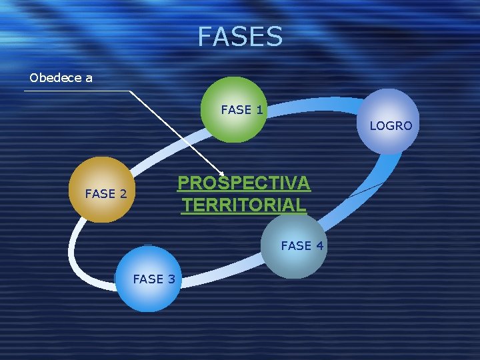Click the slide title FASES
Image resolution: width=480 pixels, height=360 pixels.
tap(240, 37)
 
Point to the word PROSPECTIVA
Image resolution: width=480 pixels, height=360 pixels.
tap(243, 183)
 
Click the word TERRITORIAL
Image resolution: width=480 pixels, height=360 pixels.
tap(244, 205)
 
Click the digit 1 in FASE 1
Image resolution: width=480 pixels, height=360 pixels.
tap(258, 110)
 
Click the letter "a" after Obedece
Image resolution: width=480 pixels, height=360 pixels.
tap(89, 78)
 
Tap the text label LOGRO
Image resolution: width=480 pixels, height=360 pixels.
tap(391, 125)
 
